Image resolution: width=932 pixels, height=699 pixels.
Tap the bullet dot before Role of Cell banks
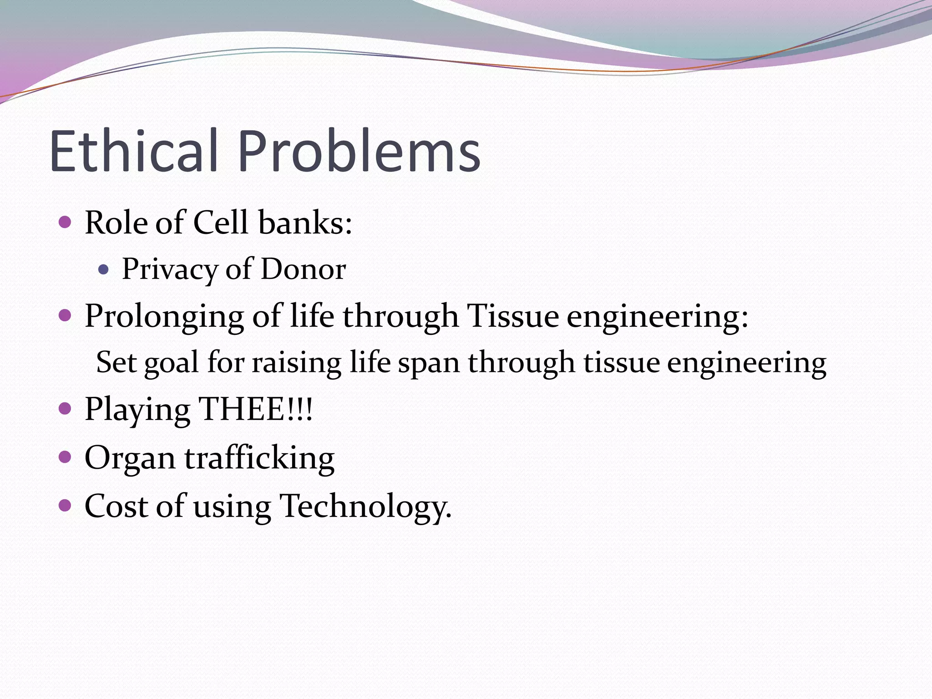point(65,222)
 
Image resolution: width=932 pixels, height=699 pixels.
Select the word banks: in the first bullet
point(305,223)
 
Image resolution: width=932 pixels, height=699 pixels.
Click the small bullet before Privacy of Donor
point(104,269)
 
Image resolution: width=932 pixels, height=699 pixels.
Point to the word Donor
point(303,269)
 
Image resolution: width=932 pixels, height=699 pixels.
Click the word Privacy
point(170,269)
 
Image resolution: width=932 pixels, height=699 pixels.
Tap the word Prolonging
point(164,316)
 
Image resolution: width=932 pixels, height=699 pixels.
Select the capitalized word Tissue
point(513,315)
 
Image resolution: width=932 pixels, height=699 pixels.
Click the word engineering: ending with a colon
point(657,316)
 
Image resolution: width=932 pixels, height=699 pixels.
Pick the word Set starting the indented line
point(116,363)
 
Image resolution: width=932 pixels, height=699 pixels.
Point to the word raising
point(296,363)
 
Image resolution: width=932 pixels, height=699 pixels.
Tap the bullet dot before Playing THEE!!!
point(65,408)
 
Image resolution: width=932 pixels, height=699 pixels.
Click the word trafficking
point(259,458)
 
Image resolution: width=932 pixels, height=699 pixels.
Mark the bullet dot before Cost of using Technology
point(65,505)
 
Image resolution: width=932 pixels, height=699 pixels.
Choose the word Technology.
point(365,506)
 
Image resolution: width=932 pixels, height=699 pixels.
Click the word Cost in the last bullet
point(116,506)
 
